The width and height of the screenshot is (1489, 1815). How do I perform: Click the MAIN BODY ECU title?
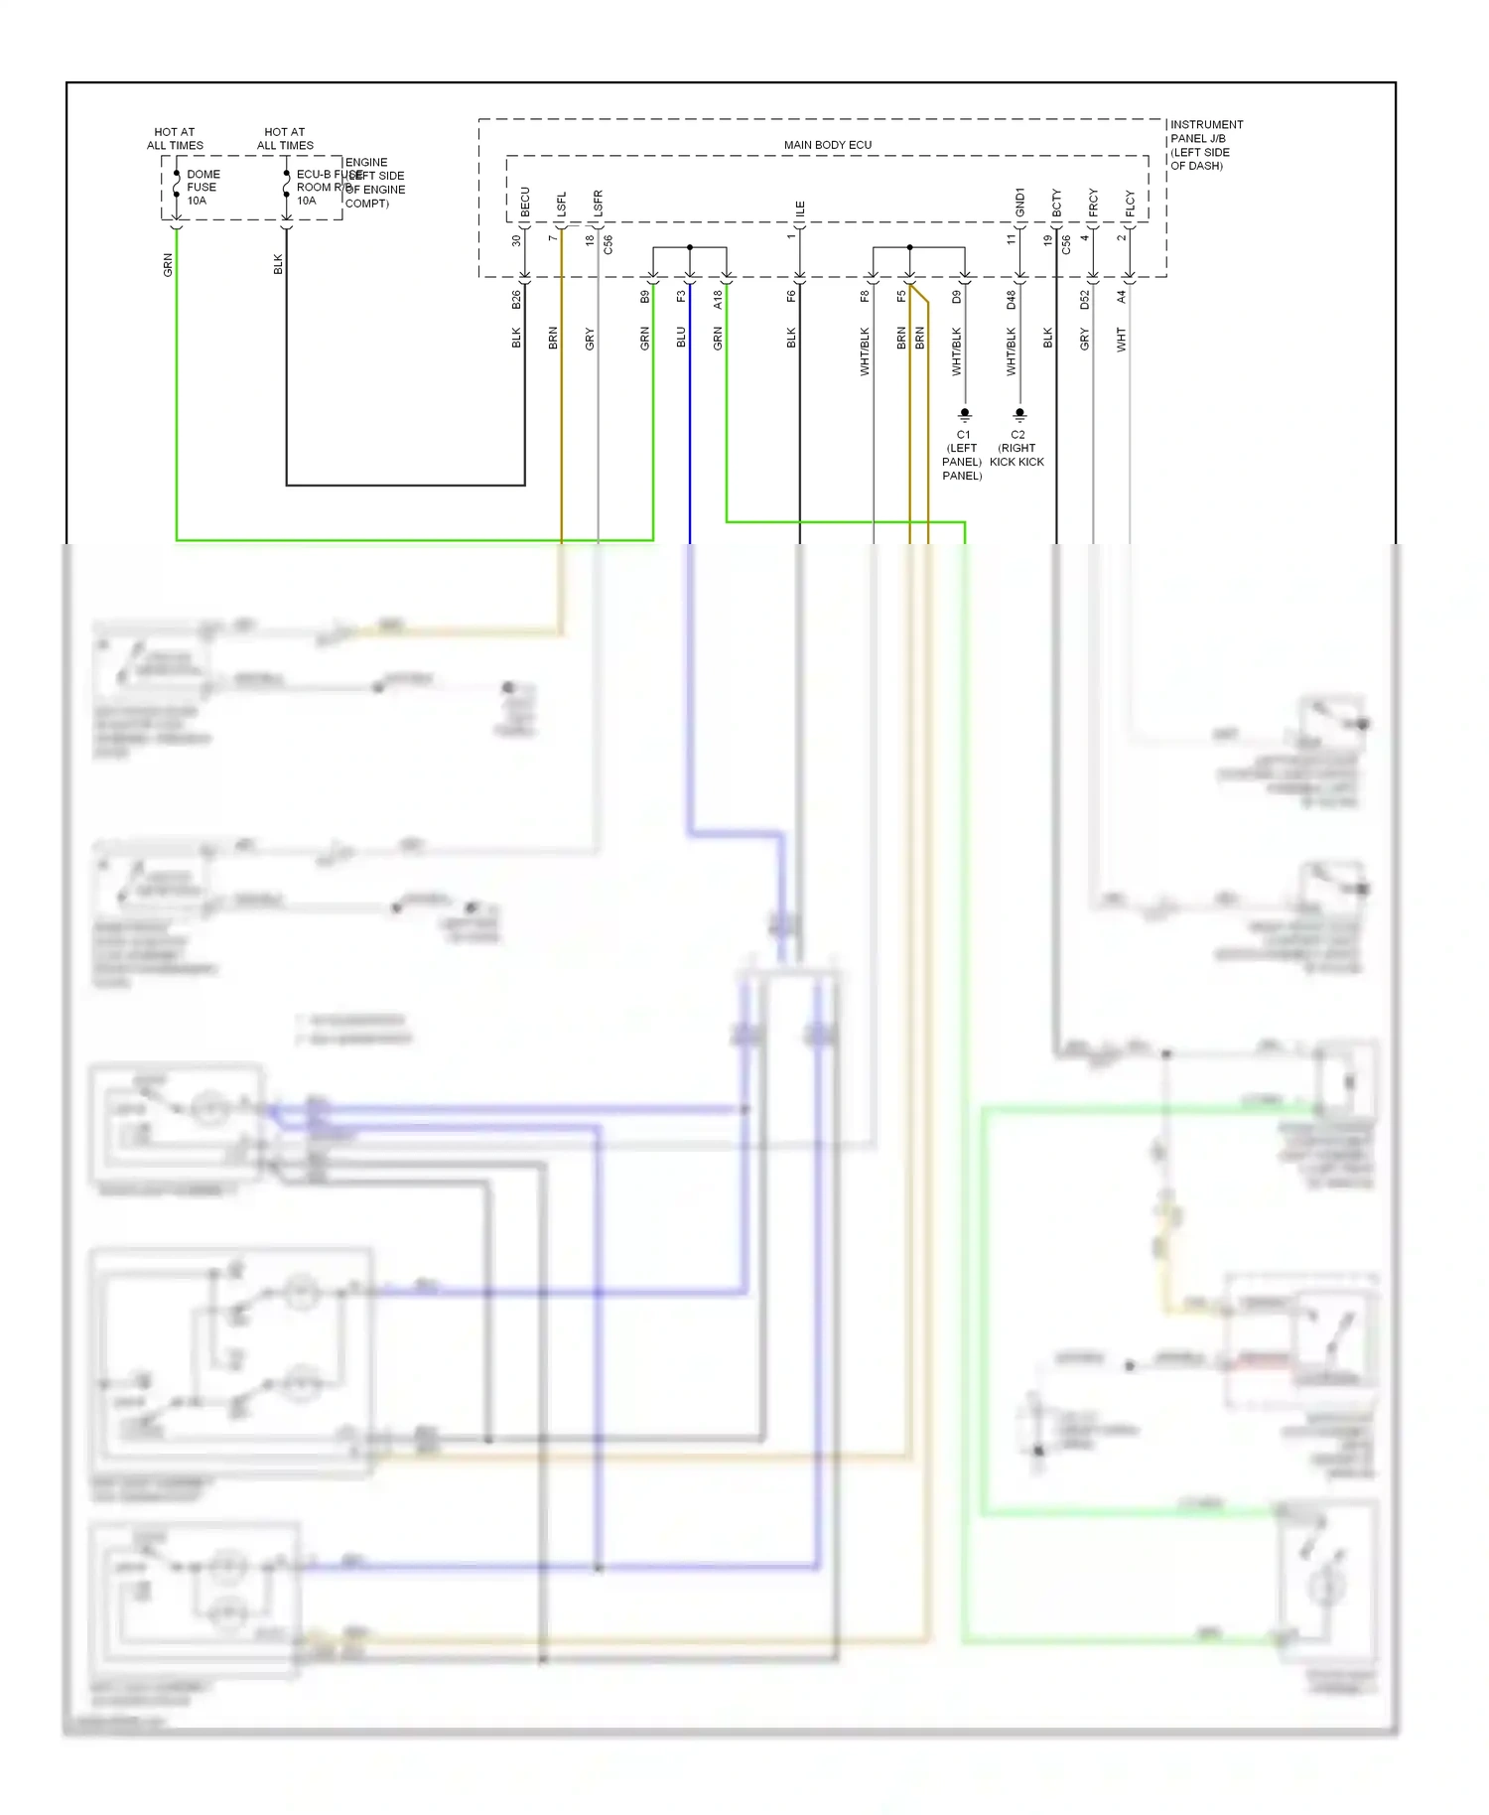click(827, 145)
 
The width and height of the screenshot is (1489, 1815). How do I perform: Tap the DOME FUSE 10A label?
click(203, 187)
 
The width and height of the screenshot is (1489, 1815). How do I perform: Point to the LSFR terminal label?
click(598, 204)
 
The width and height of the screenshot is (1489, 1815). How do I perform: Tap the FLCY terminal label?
click(1130, 204)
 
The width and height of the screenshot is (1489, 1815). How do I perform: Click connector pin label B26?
click(516, 299)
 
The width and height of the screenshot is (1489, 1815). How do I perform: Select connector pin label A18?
click(718, 299)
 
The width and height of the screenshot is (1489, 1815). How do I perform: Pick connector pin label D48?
click(1012, 299)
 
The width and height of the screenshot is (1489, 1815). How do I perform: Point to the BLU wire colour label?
click(681, 338)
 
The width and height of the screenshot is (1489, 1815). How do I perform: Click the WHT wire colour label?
click(1122, 339)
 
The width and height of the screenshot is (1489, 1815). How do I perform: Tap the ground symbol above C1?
click(964, 414)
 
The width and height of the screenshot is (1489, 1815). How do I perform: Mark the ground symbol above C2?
click(1019, 414)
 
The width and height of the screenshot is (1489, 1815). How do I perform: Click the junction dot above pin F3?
click(690, 247)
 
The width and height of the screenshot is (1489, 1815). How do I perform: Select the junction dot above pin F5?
click(909, 247)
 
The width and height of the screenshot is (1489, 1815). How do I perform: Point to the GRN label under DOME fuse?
click(168, 265)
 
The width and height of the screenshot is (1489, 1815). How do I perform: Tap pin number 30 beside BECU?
click(516, 240)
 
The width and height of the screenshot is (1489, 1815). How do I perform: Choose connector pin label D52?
click(1085, 299)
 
